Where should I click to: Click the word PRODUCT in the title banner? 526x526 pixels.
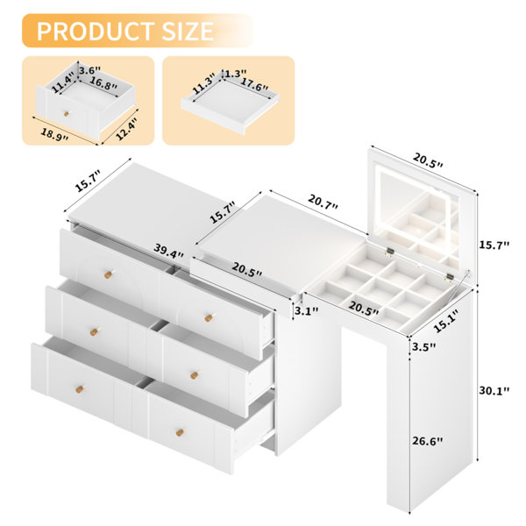(x=96, y=31)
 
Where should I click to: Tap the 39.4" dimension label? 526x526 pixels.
(x=168, y=251)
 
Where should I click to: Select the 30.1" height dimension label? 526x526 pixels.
(x=494, y=390)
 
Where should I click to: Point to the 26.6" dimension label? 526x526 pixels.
(x=428, y=441)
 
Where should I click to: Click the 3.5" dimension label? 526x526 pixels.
(x=423, y=346)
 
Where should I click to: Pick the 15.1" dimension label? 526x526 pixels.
(x=446, y=320)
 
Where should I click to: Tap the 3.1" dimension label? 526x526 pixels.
(x=306, y=311)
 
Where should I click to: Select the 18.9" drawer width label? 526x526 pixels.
(x=54, y=134)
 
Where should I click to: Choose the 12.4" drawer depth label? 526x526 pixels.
(x=126, y=129)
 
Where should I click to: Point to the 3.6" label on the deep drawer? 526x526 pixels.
(x=90, y=70)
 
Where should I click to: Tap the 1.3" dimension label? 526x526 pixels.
(x=236, y=73)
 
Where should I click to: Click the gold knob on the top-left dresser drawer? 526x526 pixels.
(x=109, y=274)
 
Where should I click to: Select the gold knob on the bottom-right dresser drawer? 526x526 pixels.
(x=180, y=432)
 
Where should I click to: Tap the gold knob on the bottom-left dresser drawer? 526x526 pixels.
(x=80, y=388)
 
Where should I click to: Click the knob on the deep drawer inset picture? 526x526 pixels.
(x=67, y=114)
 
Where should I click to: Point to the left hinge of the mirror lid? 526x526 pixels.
(x=389, y=252)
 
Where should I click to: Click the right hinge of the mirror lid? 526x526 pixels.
(x=449, y=277)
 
